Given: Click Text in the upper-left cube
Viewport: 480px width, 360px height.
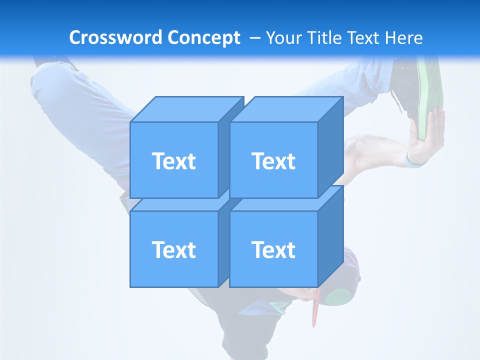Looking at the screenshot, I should tap(173, 161).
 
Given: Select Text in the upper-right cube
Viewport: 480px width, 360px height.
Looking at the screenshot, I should tap(273, 161).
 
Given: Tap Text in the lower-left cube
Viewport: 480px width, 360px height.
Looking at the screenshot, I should tap(173, 249).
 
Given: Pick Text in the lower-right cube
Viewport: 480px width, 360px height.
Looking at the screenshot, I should tap(273, 249).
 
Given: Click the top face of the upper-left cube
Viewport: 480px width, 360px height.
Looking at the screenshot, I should tap(186, 109).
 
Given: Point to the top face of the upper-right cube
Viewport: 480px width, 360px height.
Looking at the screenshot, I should tap(286, 109).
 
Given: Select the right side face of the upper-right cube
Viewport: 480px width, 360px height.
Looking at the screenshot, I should tap(330, 147).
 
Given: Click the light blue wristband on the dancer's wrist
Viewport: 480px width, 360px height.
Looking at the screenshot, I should tap(414, 162).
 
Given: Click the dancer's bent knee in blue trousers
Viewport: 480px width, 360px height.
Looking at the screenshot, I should tap(47, 82).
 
